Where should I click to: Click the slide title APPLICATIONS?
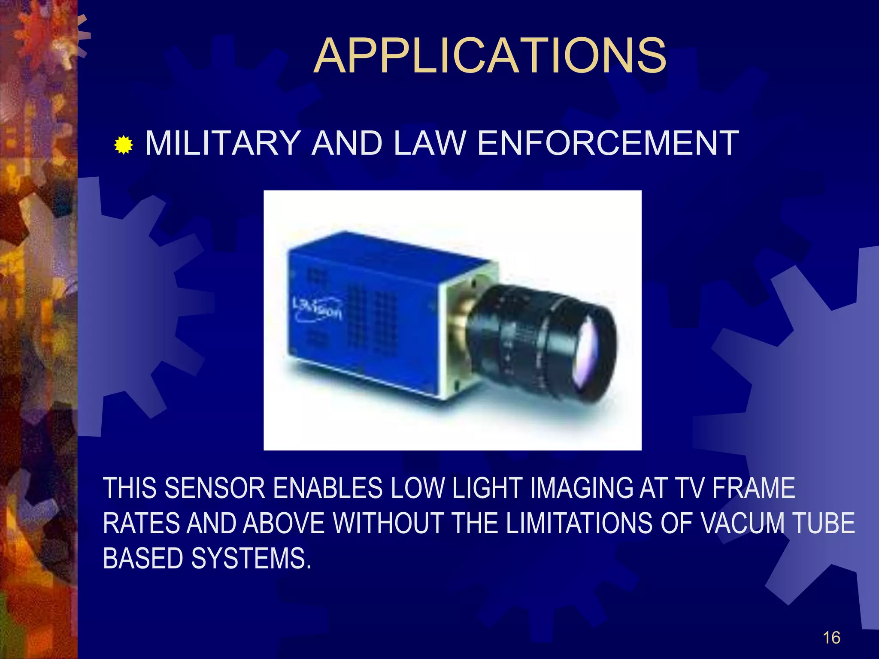tap(490, 56)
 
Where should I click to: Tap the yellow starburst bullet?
tap(124, 145)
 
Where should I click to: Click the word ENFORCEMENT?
tap(608, 143)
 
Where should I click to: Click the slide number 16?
tap(831, 638)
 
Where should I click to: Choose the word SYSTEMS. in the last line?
tap(251, 559)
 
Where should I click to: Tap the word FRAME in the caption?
tap(754, 488)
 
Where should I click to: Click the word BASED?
tap(143, 559)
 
